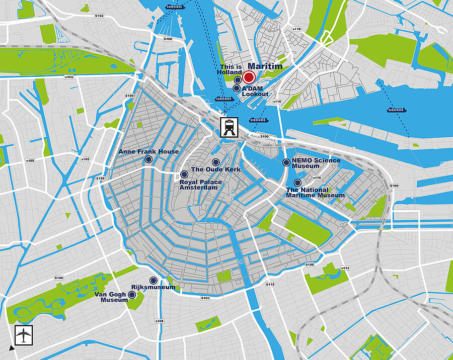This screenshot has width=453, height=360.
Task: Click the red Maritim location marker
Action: pyautogui.click(x=249, y=77)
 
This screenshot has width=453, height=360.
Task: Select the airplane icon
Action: pyautogui.click(x=23, y=333)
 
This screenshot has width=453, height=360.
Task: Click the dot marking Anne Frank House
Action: pyautogui.click(x=148, y=159)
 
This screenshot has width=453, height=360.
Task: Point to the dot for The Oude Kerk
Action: pyautogui.click(x=215, y=162)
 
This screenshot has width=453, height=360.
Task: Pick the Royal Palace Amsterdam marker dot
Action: pyautogui.click(x=184, y=174)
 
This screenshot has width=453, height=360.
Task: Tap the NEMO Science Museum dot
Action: pyautogui.click(x=286, y=162)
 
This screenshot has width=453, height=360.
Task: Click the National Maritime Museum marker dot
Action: pyautogui.click(x=297, y=183)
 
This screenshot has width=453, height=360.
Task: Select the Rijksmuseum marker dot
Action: pyautogui.click(x=153, y=281)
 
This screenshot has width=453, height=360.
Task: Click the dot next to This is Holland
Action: pyautogui.click(x=237, y=80)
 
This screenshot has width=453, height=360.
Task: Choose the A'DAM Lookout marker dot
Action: pyautogui.click(x=237, y=88)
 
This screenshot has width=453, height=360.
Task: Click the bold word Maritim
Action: pyautogui.click(x=265, y=66)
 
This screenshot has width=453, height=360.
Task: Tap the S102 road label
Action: pyautogui.click(x=99, y=16)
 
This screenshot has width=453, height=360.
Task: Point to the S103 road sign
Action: pyautogui.click(x=69, y=77)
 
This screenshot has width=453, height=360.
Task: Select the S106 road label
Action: pyautogui.click(x=59, y=278)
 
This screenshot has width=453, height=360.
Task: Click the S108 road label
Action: pyautogui.click(x=160, y=321)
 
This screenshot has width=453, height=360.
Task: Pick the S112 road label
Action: pyautogui.click(x=270, y=285)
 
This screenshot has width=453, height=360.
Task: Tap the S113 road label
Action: pyautogui.click(x=345, y=268)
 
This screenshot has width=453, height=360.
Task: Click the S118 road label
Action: pyautogui.click(x=296, y=29)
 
